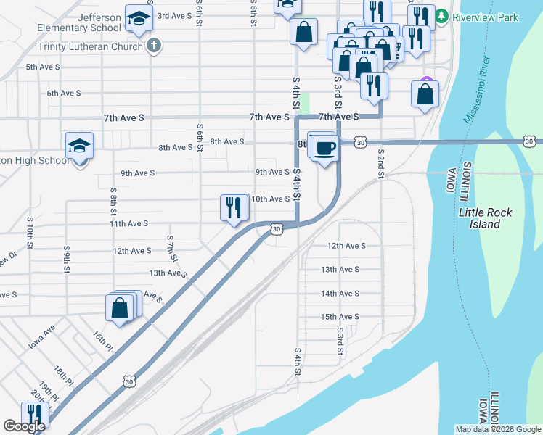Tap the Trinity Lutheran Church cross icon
pos(153,46)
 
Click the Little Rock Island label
pos(485,218)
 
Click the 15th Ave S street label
pos(340,317)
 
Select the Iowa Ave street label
pos(42,338)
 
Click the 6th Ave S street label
pos(64,94)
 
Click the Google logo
pos(24,427)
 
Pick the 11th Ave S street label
pos(128,225)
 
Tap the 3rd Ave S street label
pos(175,16)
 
